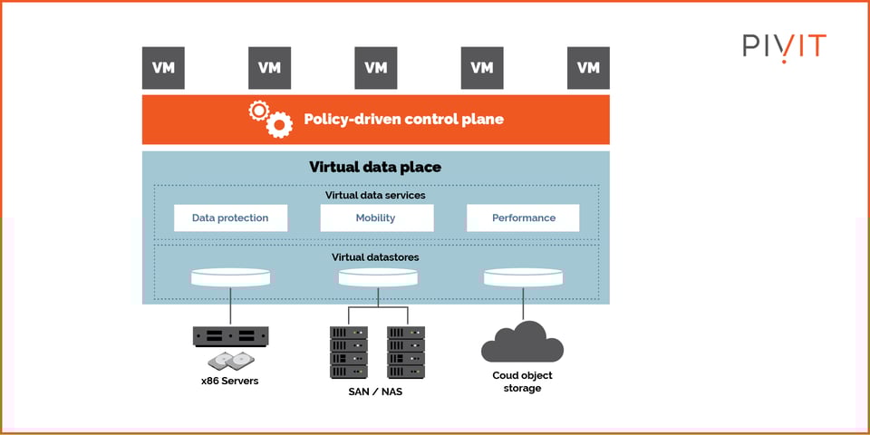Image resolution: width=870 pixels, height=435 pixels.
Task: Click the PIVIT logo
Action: pyautogui.click(x=785, y=46)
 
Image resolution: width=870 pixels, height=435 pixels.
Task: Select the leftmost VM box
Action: pyautogui.click(x=163, y=68)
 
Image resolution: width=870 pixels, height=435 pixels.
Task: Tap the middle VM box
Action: pyautogui.click(x=375, y=68)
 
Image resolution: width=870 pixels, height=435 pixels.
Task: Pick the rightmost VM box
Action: pyautogui.click(x=588, y=68)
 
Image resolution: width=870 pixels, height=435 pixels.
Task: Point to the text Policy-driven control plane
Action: pyautogui.click(x=403, y=120)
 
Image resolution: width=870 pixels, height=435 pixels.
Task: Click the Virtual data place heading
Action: pyautogui.click(x=375, y=167)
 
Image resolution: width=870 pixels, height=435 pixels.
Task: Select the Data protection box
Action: pyautogui.click(x=230, y=217)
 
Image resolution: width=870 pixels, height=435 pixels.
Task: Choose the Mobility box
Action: pyautogui.click(x=375, y=217)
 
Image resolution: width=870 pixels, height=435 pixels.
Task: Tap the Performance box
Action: pyautogui.click(x=524, y=217)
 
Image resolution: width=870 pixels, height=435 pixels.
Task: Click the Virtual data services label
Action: pyautogui.click(x=375, y=195)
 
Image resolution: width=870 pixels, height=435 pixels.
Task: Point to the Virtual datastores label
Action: pyautogui.click(x=375, y=257)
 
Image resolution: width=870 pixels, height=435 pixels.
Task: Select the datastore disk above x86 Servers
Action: pyautogui.click(x=230, y=276)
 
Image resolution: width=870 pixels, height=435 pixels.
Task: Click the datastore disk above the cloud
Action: pyautogui.click(x=523, y=276)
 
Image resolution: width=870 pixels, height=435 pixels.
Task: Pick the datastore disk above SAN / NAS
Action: pyautogui.click(x=378, y=276)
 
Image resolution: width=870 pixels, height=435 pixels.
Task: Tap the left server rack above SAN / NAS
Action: pyautogui.click(x=349, y=352)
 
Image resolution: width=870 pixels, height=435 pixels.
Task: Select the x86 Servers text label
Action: pyautogui.click(x=229, y=381)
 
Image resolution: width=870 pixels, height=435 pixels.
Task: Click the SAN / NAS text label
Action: pyautogui.click(x=377, y=391)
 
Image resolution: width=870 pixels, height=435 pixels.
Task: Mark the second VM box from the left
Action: pyautogui.click(x=269, y=68)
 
